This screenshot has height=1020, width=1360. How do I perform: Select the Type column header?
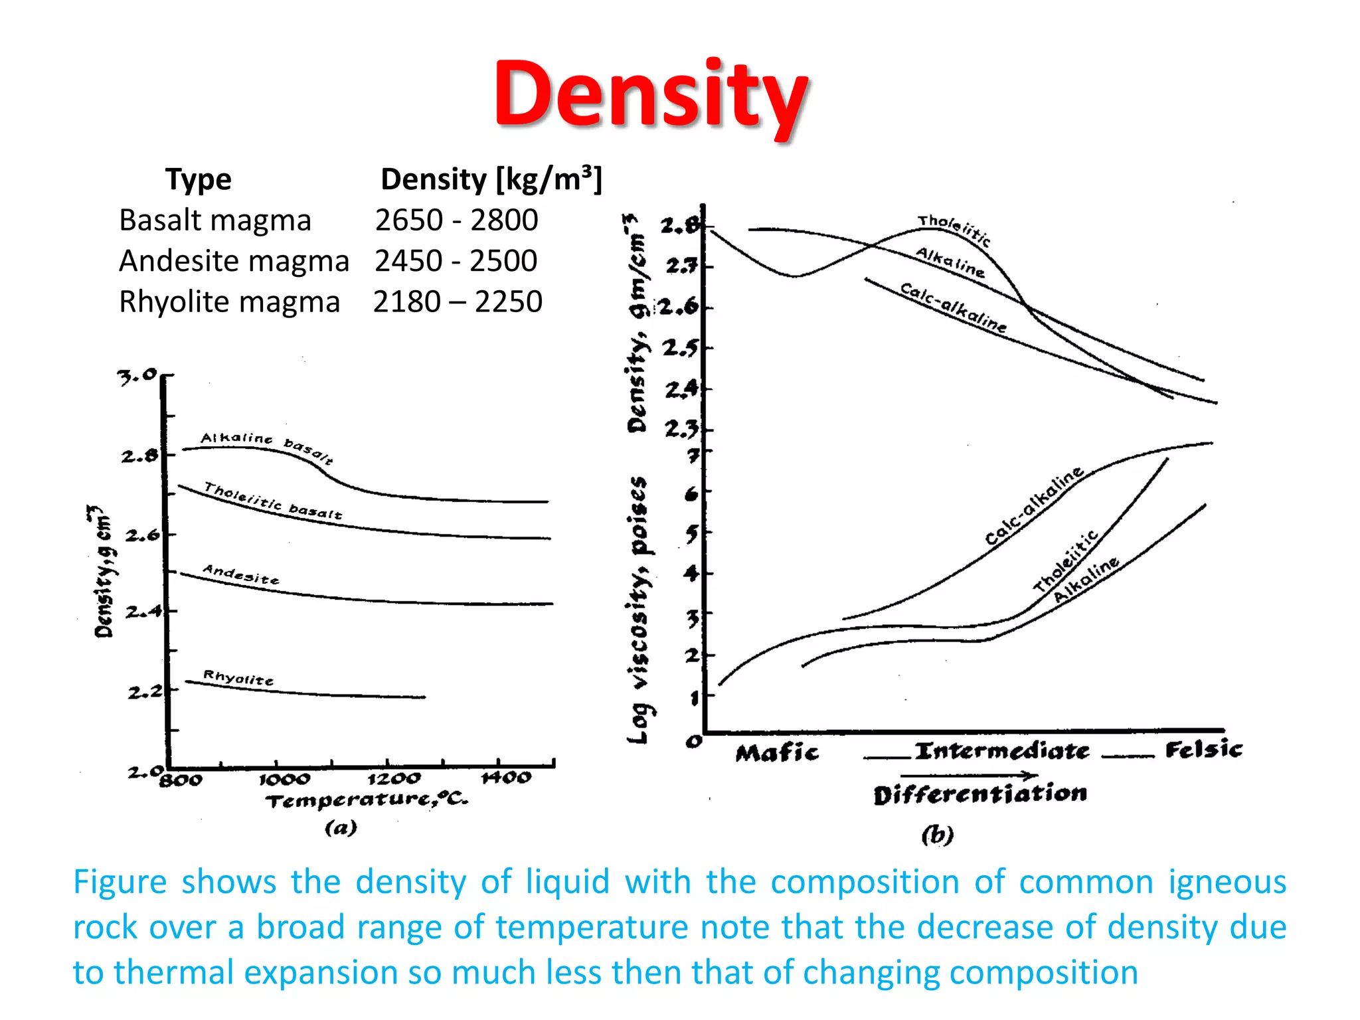(198, 179)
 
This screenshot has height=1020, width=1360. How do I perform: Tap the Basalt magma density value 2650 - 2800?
(456, 220)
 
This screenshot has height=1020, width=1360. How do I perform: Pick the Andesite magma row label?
(234, 261)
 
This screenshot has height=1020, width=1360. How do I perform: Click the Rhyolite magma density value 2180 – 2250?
(458, 301)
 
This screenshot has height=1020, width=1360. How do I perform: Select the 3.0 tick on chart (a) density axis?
(137, 376)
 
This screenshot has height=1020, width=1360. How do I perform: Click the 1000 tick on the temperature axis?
(284, 779)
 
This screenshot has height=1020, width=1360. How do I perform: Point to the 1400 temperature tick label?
(506, 777)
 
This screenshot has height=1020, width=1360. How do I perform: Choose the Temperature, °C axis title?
(367, 800)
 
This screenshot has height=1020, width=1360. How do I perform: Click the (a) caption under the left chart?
(341, 827)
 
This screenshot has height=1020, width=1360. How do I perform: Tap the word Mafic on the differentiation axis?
(777, 752)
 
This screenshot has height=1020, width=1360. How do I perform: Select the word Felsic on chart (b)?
(1203, 750)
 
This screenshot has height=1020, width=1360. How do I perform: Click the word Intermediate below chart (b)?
(1001, 751)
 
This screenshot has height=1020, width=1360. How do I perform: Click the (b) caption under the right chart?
(937, 834)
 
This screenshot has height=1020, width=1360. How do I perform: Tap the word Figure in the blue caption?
(120, 883)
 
